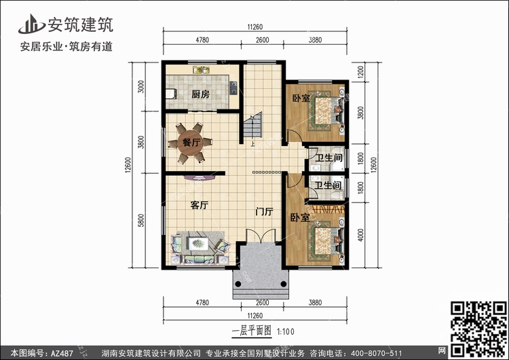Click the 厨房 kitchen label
200,94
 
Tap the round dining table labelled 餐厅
190,143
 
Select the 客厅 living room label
200,205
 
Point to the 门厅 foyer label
264,211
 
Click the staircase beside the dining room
253,125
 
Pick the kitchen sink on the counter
202,70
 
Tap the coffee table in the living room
198,244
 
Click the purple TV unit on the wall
200,178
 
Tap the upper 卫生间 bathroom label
329,158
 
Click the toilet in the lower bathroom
338,195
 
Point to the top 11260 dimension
254,27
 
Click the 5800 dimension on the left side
141,220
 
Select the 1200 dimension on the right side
360,72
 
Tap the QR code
478,329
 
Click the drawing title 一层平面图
252,331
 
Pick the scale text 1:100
285,331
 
